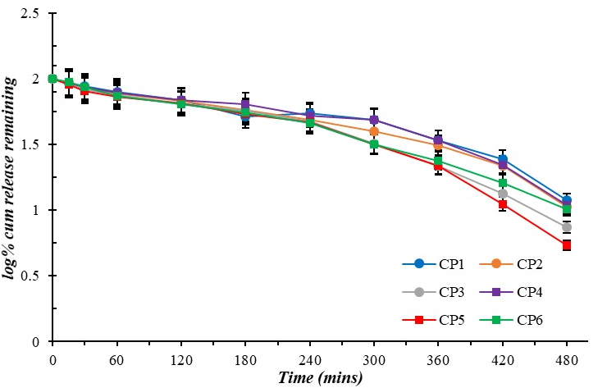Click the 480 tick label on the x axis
point(566,359)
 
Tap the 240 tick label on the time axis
point(309,359)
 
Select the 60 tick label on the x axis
point(116,359)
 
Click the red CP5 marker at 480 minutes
point(566,245)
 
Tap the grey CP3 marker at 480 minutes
point(566,226)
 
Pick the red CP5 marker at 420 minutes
point(502,204)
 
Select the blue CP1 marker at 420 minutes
point(502,159)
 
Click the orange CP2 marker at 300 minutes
point(374,131)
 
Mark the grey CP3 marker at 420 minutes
point(502,194)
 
